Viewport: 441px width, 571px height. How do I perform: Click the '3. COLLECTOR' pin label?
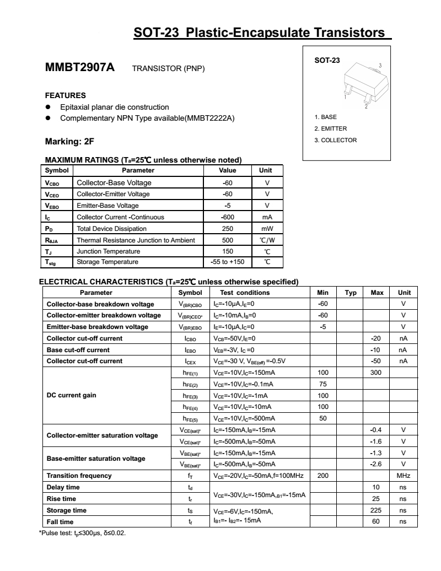pyautogui.click(x=335, y=140)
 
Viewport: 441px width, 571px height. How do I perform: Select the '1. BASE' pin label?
pyautogui.click(x=325, y=117)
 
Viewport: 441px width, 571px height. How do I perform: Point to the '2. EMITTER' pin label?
pyautogui.click(x=330, y=128)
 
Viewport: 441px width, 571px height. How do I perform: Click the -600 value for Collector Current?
pyautogui.click(x=228, y=217)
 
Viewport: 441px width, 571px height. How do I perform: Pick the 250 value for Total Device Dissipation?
pyautogui.click(x=228, y=228)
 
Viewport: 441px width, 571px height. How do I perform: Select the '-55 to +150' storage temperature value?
pyautogui.click(x=228, y=262)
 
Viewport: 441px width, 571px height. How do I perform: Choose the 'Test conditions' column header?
pyautogui.click(x=245, y=293)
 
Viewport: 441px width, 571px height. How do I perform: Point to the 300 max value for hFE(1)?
pyautogui.click(x=377, y=373)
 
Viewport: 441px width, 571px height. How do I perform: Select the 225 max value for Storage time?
pyautogui.click(x=377, y=510)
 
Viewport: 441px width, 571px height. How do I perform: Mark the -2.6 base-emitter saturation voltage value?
pyautogui.click(x=377, y=464)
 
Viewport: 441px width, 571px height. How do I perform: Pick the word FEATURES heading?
pyautogui.click(x=65, y=95)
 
